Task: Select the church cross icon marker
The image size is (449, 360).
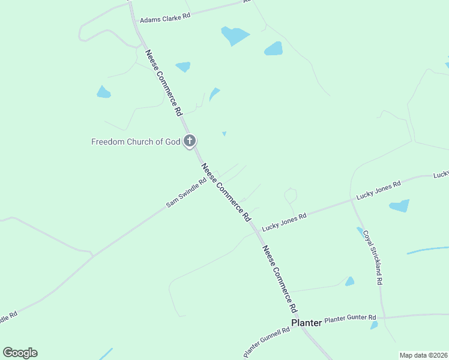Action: (x=190, y=142)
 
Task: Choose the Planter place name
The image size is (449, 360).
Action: (x=306, y=323)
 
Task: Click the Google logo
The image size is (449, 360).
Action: (x=20, y=353)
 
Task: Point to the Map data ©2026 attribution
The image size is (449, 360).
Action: (x=423, y=355)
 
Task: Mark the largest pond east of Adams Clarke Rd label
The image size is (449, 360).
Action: (x=235, y=35)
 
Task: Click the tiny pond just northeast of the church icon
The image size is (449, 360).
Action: (x=224, y=134)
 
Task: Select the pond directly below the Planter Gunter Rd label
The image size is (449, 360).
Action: (x=374, y=325)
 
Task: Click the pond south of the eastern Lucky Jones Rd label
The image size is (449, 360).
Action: (x=399, y=206)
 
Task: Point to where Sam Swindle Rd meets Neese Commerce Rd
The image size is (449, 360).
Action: (x=217, y=179)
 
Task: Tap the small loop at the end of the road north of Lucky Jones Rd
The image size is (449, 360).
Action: (x=291, y=194)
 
